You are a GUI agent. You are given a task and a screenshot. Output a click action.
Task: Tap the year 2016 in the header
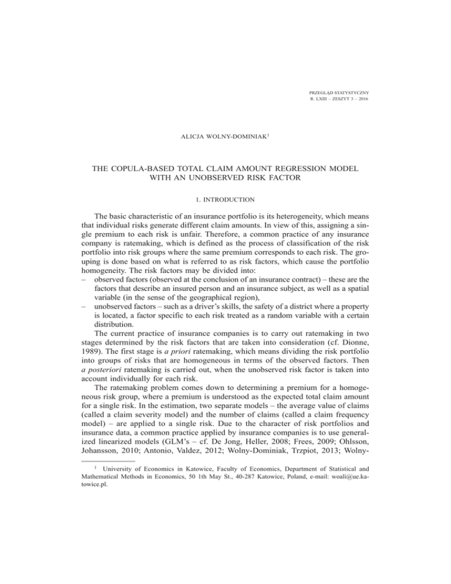click(369, 101)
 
